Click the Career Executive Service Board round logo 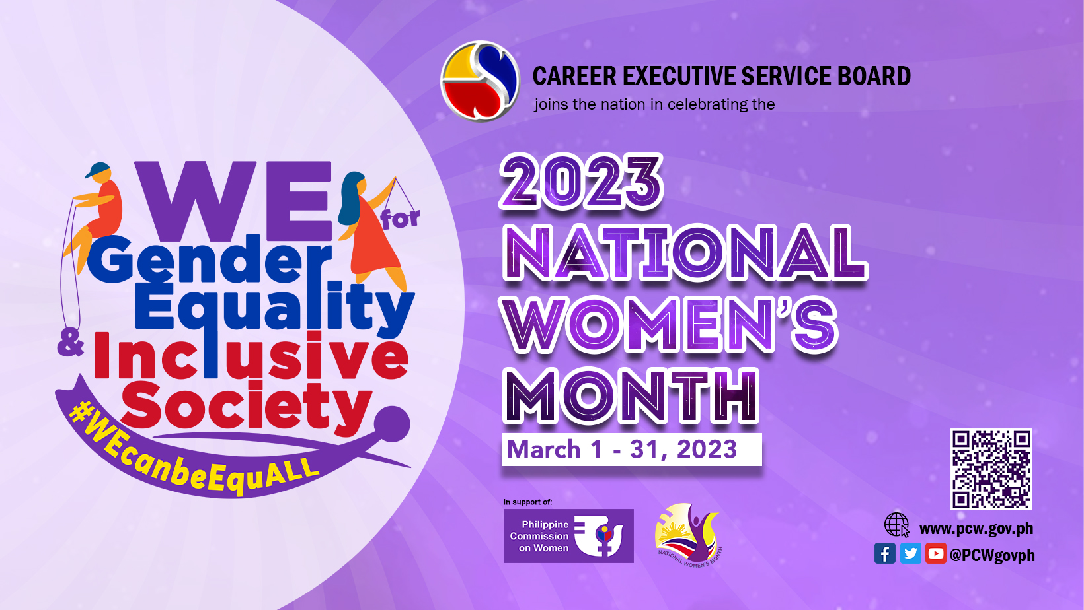click(x=480, y=81)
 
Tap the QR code click(x=991, y=469)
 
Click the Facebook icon click(x=884, y=553)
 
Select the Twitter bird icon click(x=910, y=553)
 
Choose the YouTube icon click(x=936, y=553)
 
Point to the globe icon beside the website click(x=897, y=525)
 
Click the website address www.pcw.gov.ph click(x=976, y=529)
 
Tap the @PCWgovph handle click(x=992, y=555)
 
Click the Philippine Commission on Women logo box click(x=568, y=535)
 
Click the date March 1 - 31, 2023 click(x=622, y=449)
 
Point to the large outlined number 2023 click(x=581, y=182)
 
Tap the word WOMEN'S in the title click(x=670, y=324)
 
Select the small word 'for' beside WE click(x=401, y=219)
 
